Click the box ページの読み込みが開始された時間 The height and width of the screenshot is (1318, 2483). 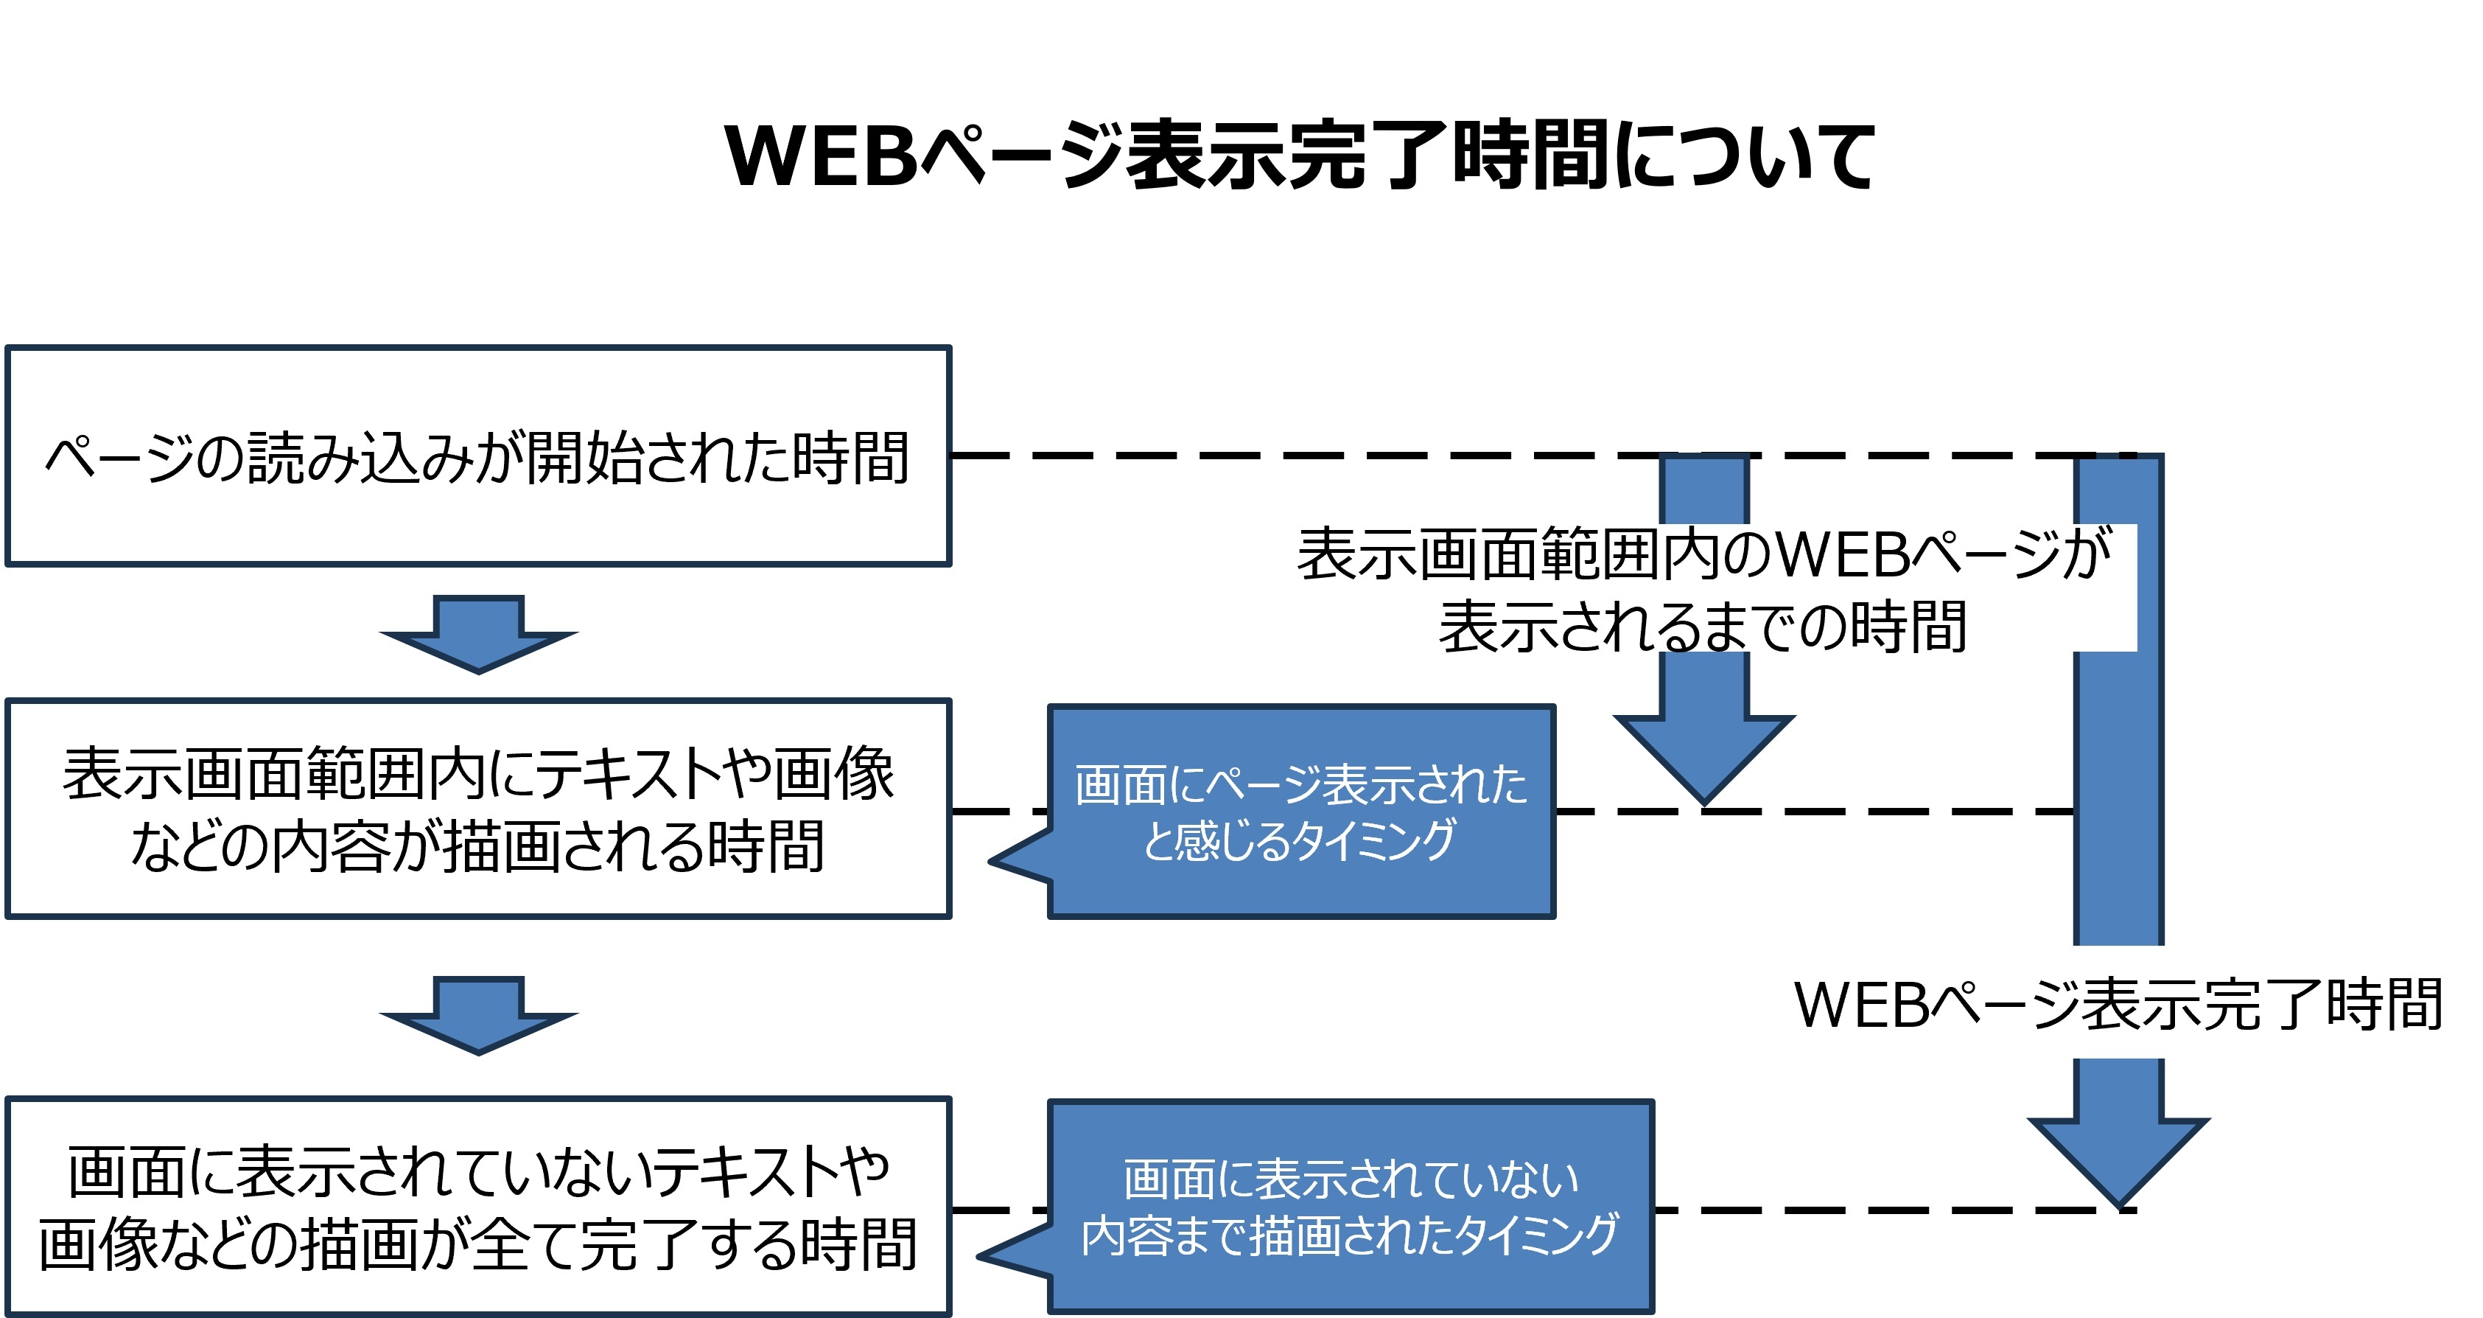478,456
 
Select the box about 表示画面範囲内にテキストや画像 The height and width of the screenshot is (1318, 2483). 478,809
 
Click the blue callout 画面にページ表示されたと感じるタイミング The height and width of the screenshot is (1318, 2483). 1301,812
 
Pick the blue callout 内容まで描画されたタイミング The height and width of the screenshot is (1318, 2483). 1350,1207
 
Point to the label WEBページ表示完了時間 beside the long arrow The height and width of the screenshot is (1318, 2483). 2118,1005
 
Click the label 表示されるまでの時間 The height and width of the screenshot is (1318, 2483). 1702,627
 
